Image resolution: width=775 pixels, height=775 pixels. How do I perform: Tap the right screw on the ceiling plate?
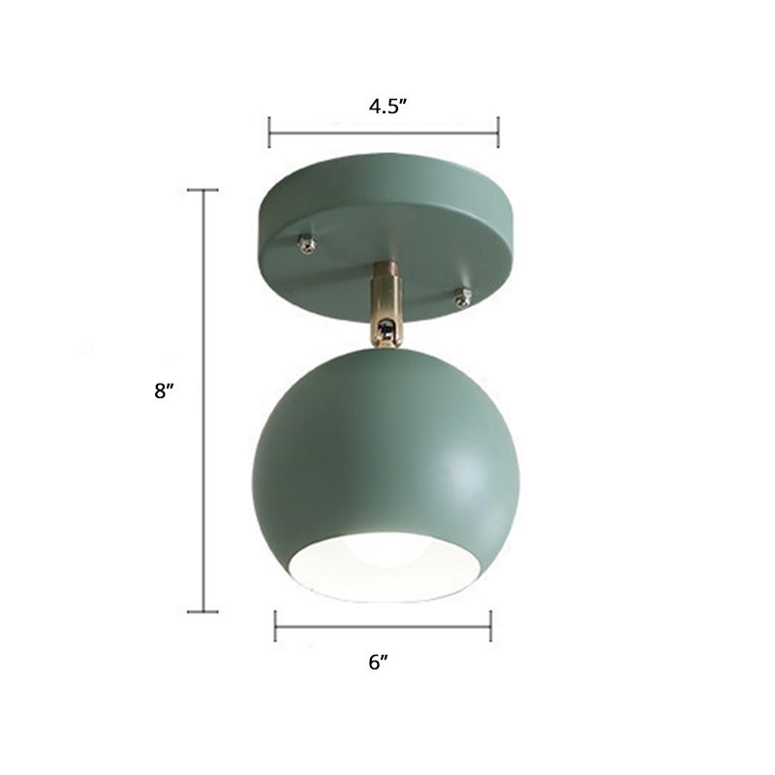(462, 297)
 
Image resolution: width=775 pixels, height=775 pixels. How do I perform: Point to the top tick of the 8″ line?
(202, 191)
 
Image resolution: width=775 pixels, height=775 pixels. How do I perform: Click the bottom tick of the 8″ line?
(202, 610)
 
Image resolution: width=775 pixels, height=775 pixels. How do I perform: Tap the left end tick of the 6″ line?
(276, 626)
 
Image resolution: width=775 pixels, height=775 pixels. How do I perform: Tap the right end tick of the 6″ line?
(490, 626)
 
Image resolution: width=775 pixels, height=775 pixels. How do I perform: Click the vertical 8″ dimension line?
(202, 291)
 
